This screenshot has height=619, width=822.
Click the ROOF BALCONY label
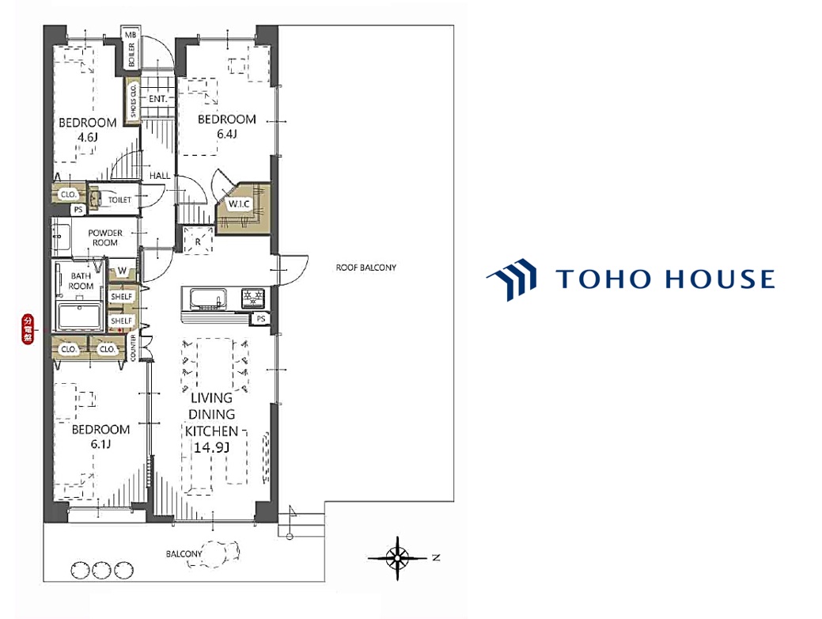(x=366, y=268)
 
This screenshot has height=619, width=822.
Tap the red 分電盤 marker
(x=28, y=329)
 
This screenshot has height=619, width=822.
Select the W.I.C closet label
(x=238, y=204)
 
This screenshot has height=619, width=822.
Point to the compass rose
(x=397, y=558)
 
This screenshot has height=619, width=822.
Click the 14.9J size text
(x=212, y=448)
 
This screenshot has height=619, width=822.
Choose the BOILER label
(x=131, y=55)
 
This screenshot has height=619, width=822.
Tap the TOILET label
(x=119, y=199)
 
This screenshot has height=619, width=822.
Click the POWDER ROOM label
(x=105, y=237)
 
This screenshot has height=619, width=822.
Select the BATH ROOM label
(x=81, y=281)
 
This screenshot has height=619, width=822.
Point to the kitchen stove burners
(x=253, y=298)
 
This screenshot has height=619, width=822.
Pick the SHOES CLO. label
(x=133, y=101)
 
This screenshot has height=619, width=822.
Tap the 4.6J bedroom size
(x=88, y=138)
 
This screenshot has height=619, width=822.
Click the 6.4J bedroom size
(x=227, y=134)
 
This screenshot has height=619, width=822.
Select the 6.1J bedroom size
(x=100, y=444)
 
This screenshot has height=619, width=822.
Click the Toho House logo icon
(x=512, y=279)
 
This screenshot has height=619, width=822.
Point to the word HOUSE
(x=720, y=279)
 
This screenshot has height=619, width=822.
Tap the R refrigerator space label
(x=198, y=242)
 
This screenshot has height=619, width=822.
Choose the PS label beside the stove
(x=260, y=318)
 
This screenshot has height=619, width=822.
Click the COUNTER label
(x=133, y=347)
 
